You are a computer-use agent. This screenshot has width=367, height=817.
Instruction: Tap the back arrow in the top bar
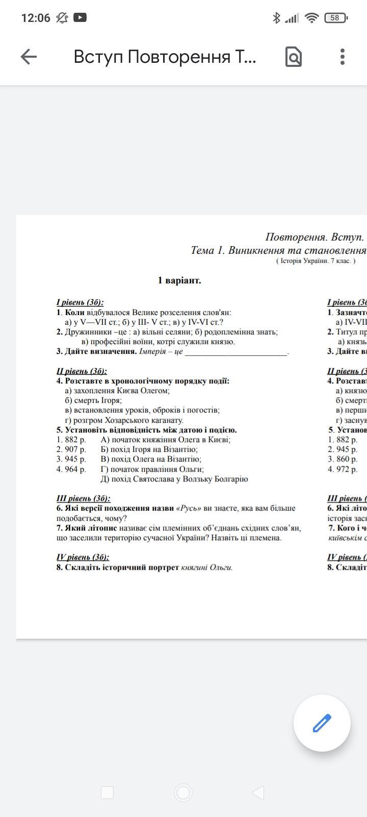[x=29, y=57]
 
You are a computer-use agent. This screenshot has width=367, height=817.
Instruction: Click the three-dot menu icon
[x=343, y=57]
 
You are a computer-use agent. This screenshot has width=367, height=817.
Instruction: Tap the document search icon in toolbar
[x=294, y=57]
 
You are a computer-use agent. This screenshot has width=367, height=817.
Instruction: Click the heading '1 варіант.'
[x=179, y=280]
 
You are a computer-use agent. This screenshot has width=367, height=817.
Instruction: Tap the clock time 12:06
[x=36, y=18]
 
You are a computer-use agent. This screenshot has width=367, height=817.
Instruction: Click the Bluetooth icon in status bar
[x=276, y=18]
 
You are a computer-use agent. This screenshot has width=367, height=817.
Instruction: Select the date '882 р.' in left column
[x=71, y=440]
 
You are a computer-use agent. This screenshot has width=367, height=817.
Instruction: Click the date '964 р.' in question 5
[x=71, y=469]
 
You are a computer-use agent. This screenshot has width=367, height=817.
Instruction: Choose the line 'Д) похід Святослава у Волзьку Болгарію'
[x=174, y=479]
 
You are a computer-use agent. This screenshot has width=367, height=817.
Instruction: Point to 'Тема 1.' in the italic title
[x=208, y=250]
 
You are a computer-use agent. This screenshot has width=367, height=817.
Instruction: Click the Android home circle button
[x=183, y=792]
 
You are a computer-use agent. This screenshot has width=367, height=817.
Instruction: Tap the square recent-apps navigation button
[x=107, y=792]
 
